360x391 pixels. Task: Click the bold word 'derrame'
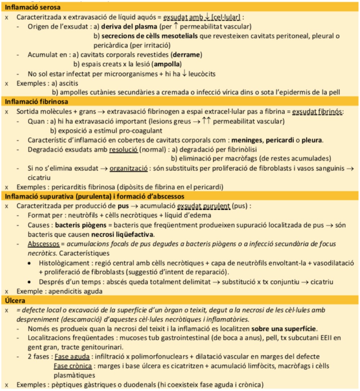click(x=188, y=55)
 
